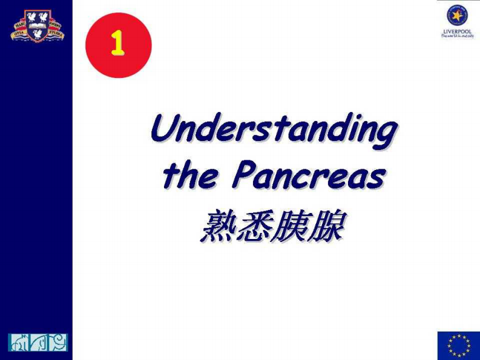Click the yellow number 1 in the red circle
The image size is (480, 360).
click(117, 44)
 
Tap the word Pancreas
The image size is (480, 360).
click(309, 176)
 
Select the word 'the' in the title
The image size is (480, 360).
click(189, 176)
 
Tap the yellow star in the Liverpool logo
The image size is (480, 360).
click(458, 15)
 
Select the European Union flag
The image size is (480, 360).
click(458, 345)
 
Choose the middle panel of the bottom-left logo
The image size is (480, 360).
click(38, 342)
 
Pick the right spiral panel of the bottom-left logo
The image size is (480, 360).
click(58, 342)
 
